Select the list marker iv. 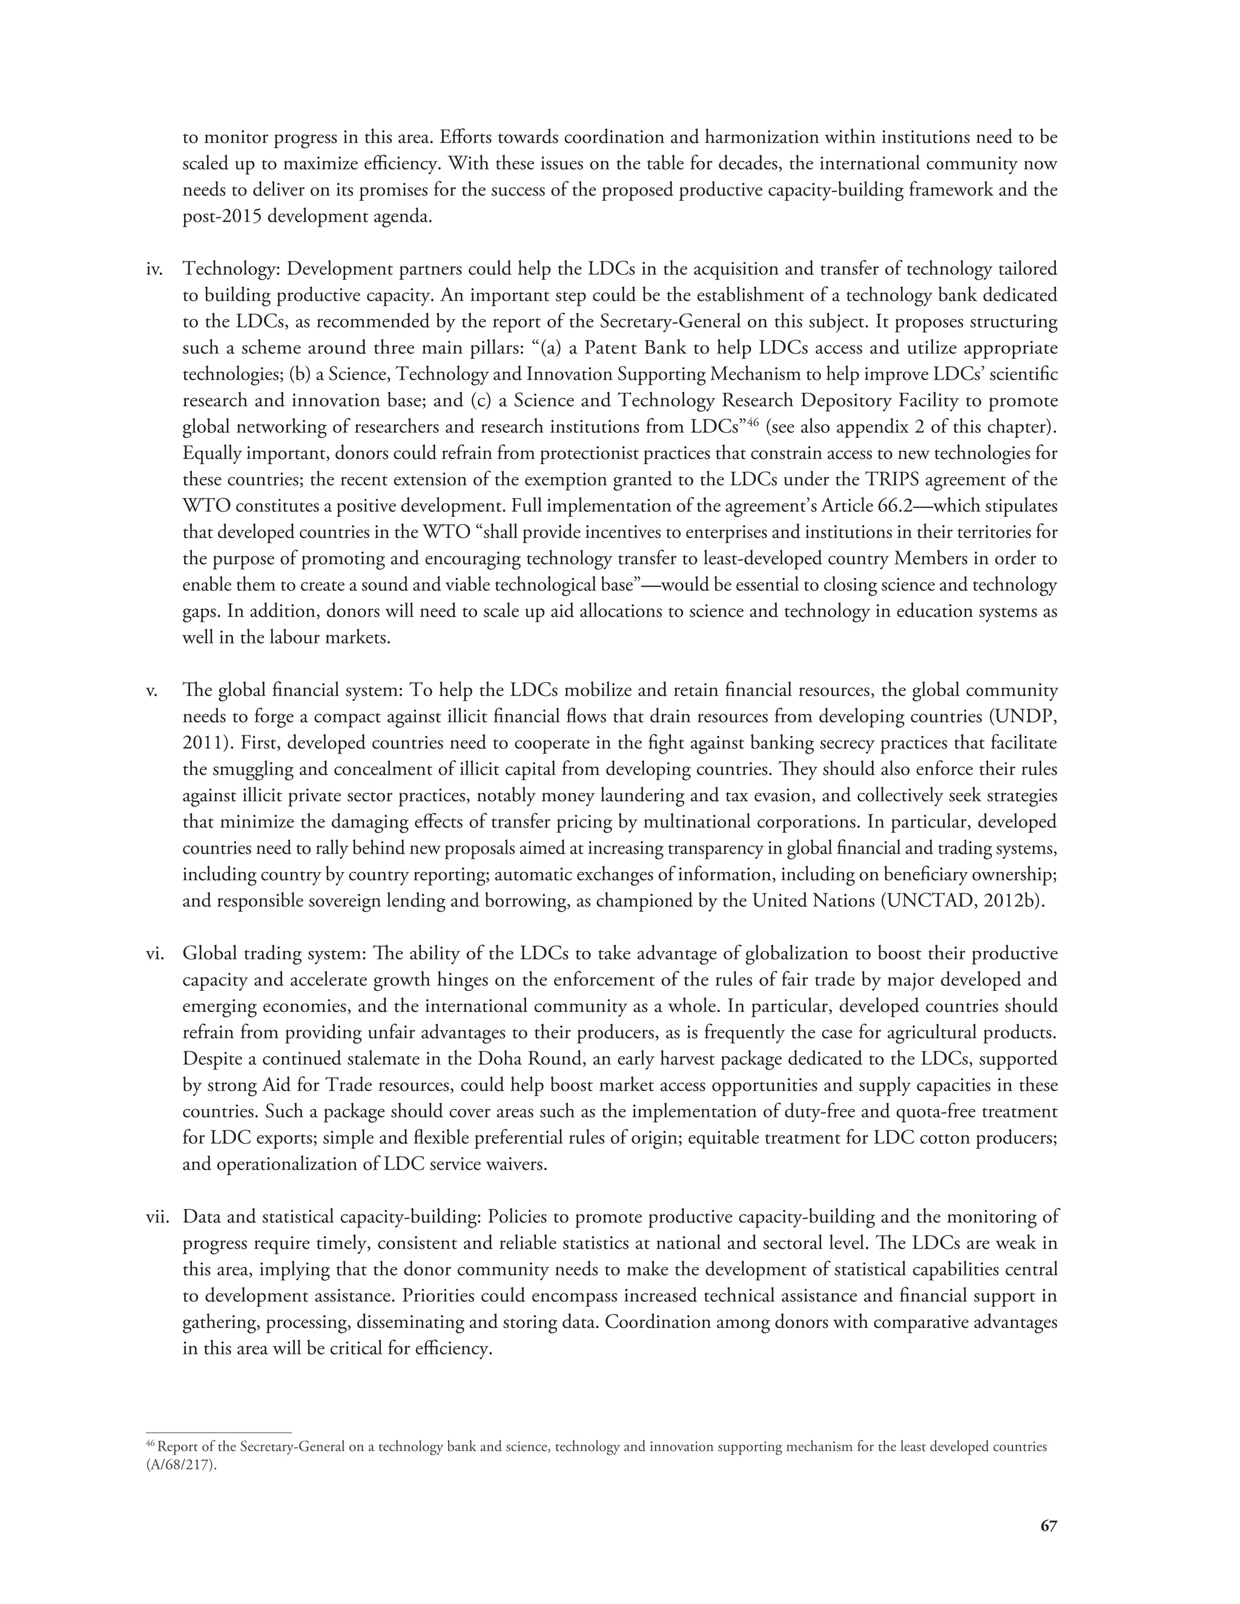click(154, 269)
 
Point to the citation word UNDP click(1023, 717)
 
